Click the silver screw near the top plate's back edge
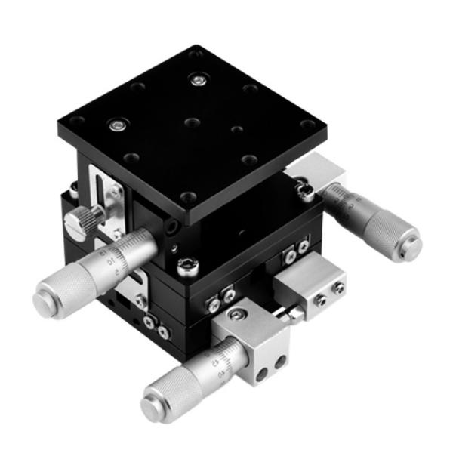198,79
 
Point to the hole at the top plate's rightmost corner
306,125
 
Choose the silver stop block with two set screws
310,288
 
